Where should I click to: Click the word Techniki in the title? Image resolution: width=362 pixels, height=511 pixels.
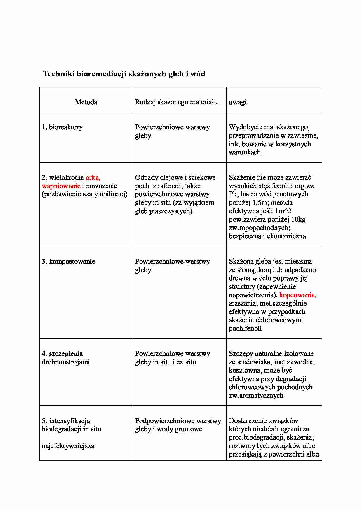pos(59,74)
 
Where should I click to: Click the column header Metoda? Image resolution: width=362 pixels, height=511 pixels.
pos(86,102)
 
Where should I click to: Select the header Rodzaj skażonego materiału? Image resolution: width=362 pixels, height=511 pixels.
pos(176,102)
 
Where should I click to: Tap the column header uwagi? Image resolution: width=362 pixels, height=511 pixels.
pos(237,102)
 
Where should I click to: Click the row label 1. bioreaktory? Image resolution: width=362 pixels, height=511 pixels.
pos(62,127)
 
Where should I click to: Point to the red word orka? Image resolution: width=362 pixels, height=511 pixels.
pos(93,177)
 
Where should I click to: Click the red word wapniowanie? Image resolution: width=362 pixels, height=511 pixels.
pos(61,186)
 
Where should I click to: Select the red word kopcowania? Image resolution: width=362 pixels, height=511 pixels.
pos(297,295)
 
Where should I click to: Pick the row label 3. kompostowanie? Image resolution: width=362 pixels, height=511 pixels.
pos(68,261)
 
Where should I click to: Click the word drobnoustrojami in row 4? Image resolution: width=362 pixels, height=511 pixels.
pos(66,362)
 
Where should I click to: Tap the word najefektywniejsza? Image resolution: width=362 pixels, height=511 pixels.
pos(68,446)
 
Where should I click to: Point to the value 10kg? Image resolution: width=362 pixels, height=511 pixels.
pos(298,219)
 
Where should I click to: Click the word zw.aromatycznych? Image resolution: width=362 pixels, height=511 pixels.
pos(256,395)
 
